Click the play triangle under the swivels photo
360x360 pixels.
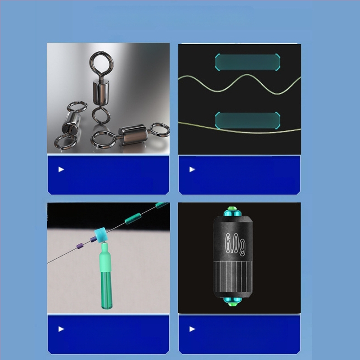pos(61,170)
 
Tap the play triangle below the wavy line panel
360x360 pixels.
pos(192,170)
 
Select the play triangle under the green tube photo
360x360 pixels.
pos(61,329)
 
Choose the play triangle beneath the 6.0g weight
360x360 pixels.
pos(192,329)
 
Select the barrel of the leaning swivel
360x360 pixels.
pos(73,122)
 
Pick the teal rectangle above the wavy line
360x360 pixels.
pos(247,62)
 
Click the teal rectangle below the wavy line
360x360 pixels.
pos(247,120)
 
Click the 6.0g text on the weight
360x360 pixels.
pos(235,244)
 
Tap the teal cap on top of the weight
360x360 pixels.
pos(233,212)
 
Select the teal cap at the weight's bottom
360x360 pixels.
pos(233,301)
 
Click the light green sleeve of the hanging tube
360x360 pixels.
pos(105,257)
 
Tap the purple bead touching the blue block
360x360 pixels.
pos(93,239)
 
